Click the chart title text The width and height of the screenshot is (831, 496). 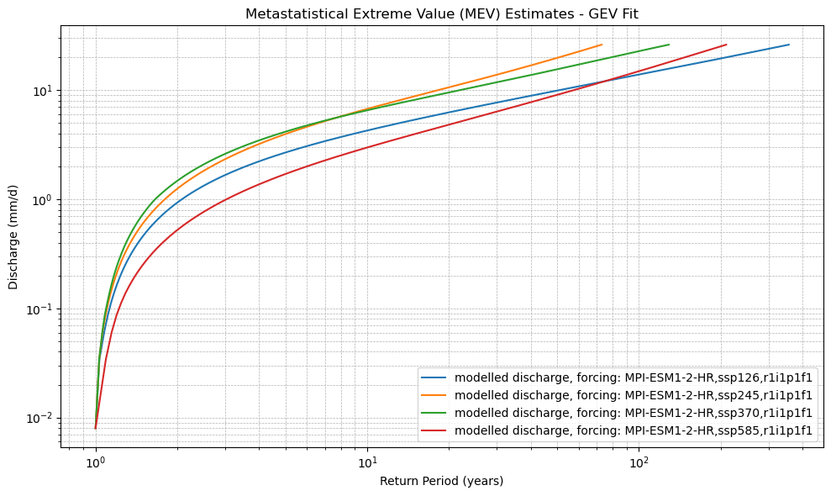click(x=441, y=14)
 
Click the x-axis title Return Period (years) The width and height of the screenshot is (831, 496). click(x=441, y=481)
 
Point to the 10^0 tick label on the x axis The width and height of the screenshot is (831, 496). click(x=96, y=463)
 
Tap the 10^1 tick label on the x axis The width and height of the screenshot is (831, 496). click(x=367, y=463)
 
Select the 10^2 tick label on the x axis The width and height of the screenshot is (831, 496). click(x=639, y=463)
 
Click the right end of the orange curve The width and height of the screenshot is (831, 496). click(x=602, y=45)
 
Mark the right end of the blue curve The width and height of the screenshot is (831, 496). click(x=789, y=45)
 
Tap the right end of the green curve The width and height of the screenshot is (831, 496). click(x=669, y=45)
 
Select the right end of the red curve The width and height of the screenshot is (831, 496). click(x=726, y=45)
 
